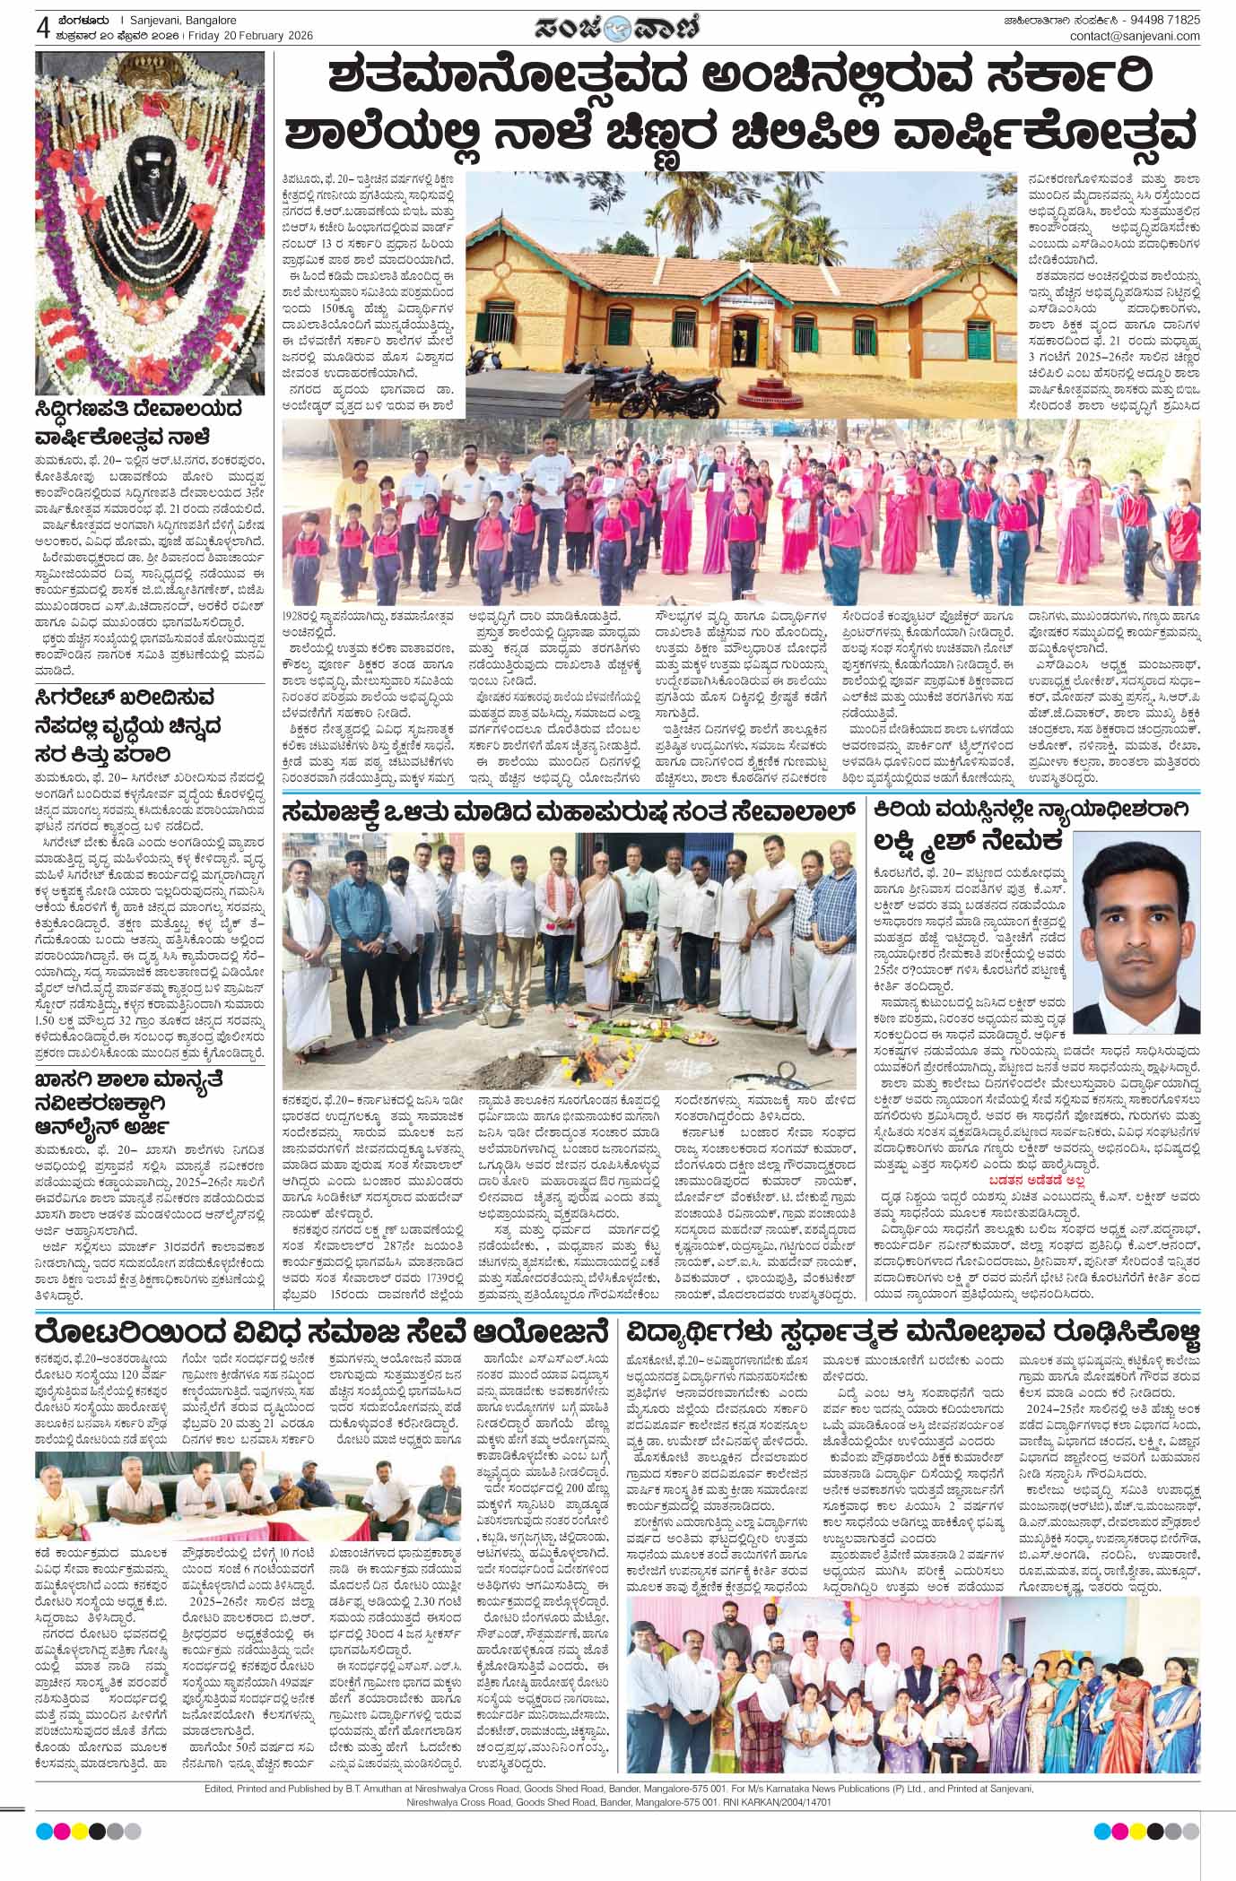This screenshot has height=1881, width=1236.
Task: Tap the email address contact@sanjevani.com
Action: tap(1134, 36)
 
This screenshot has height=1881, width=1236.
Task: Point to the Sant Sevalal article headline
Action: tap(566, 812)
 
